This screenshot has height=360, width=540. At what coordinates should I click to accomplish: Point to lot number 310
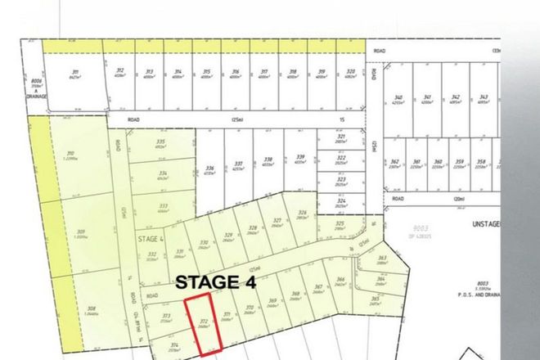(71, 154)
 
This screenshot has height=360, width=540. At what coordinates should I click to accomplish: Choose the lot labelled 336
(209, 167)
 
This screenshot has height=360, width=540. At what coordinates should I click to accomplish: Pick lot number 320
(349, 72)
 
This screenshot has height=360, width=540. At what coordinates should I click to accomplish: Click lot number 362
(394, 163)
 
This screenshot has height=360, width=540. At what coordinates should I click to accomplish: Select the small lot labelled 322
(342, 158)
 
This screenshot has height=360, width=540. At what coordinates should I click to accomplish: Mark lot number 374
(173, 345)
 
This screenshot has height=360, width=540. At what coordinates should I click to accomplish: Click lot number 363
(382, 259)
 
